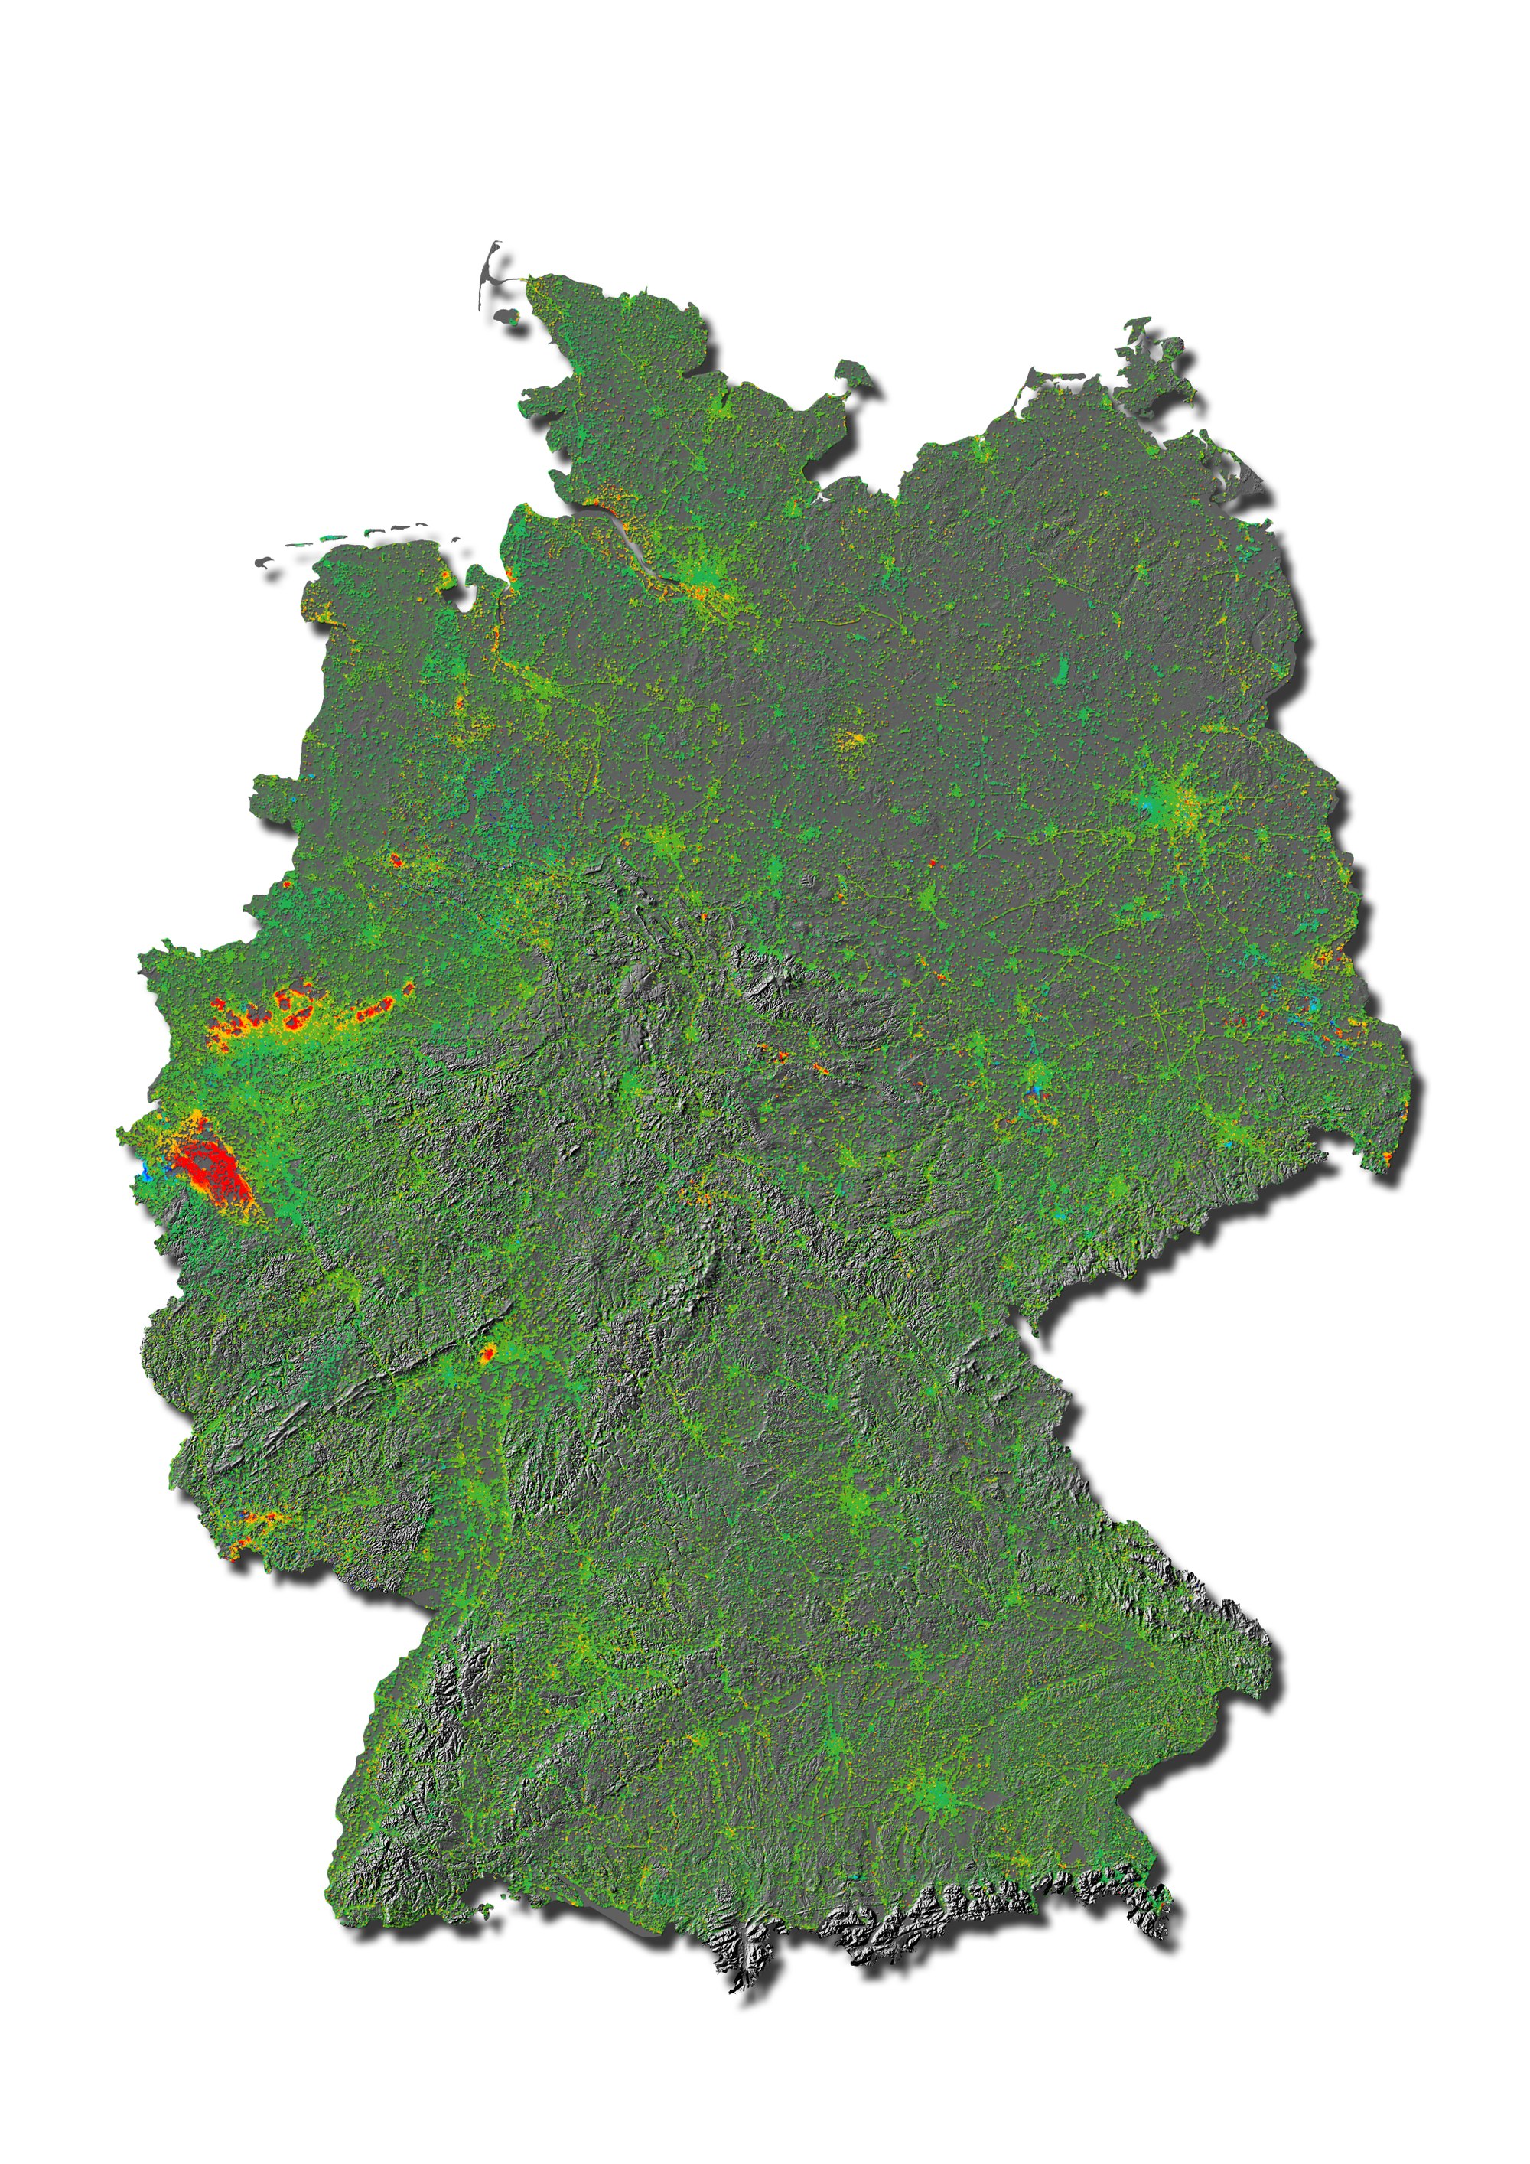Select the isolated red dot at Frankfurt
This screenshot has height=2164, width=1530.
pos(487,1355)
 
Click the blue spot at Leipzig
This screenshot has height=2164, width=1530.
pos(1037,1090)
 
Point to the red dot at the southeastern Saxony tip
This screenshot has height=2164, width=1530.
pos(1391,1155)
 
